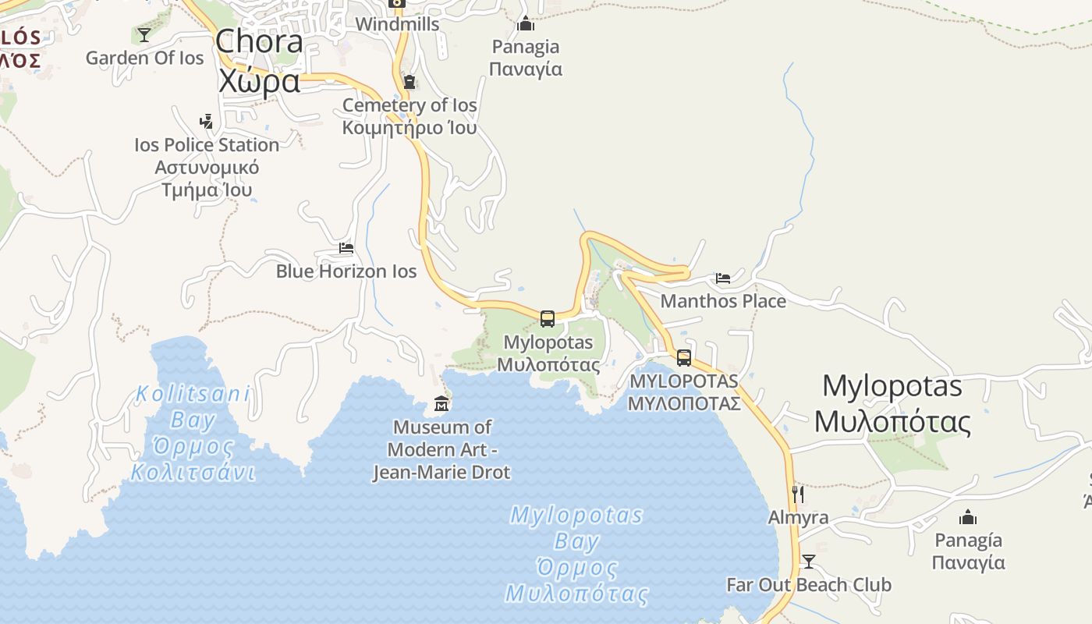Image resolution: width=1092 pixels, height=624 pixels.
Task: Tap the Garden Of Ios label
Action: [x=144, y=58]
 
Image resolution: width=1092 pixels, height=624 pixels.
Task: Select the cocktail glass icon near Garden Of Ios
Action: [x=144, y=34]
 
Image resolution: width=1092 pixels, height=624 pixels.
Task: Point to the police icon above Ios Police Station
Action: [x=206, y=121]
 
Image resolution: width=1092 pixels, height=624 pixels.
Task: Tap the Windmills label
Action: [x=397, y=24]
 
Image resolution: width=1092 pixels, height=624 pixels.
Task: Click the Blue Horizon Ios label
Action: [x=346, y=271]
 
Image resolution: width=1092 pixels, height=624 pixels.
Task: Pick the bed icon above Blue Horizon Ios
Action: [x=346, y=248]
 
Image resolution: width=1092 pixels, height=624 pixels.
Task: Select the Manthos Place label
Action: [x=723, y=301]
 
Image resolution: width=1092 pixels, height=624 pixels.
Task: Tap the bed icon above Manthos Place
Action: [x=723, y=278]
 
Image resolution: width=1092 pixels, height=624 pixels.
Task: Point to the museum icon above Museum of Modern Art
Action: [x=441, y=404]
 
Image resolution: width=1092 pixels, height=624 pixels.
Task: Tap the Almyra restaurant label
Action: [x=798, y=517]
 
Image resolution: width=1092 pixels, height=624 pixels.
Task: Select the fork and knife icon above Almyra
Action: [x=797, y=495]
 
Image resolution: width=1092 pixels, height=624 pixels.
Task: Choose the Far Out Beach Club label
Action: [x=808, y=584]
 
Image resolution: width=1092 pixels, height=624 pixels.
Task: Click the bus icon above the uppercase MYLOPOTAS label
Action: [x=684, y=358]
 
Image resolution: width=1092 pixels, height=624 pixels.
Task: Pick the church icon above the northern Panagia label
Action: [x=526, y=23]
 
